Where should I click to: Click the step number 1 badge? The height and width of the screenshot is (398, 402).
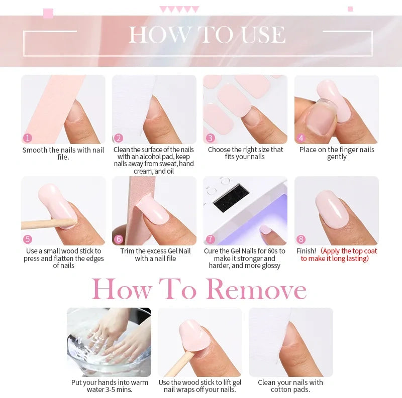[x=28, y=138]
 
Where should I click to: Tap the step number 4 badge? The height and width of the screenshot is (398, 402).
[x=301, y=138]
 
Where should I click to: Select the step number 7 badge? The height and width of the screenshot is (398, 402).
[x=210, y=239]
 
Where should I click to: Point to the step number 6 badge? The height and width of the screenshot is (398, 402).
[x=119, y=239]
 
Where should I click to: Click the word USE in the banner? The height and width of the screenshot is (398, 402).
[x=263, y=35]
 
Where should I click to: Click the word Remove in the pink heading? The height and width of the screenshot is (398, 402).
[x=256, y=289]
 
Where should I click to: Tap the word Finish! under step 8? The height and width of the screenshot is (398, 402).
[x=306, y=251]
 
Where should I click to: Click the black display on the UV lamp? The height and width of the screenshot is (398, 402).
[x=231, y=198]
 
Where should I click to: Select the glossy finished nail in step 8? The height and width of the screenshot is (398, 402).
[x=332, y=209]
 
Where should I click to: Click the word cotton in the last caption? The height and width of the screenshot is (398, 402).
[x=280, y=389]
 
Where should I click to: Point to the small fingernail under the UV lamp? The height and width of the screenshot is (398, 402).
[x=265, y=230]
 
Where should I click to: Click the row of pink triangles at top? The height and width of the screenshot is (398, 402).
[x=179, y=10]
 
